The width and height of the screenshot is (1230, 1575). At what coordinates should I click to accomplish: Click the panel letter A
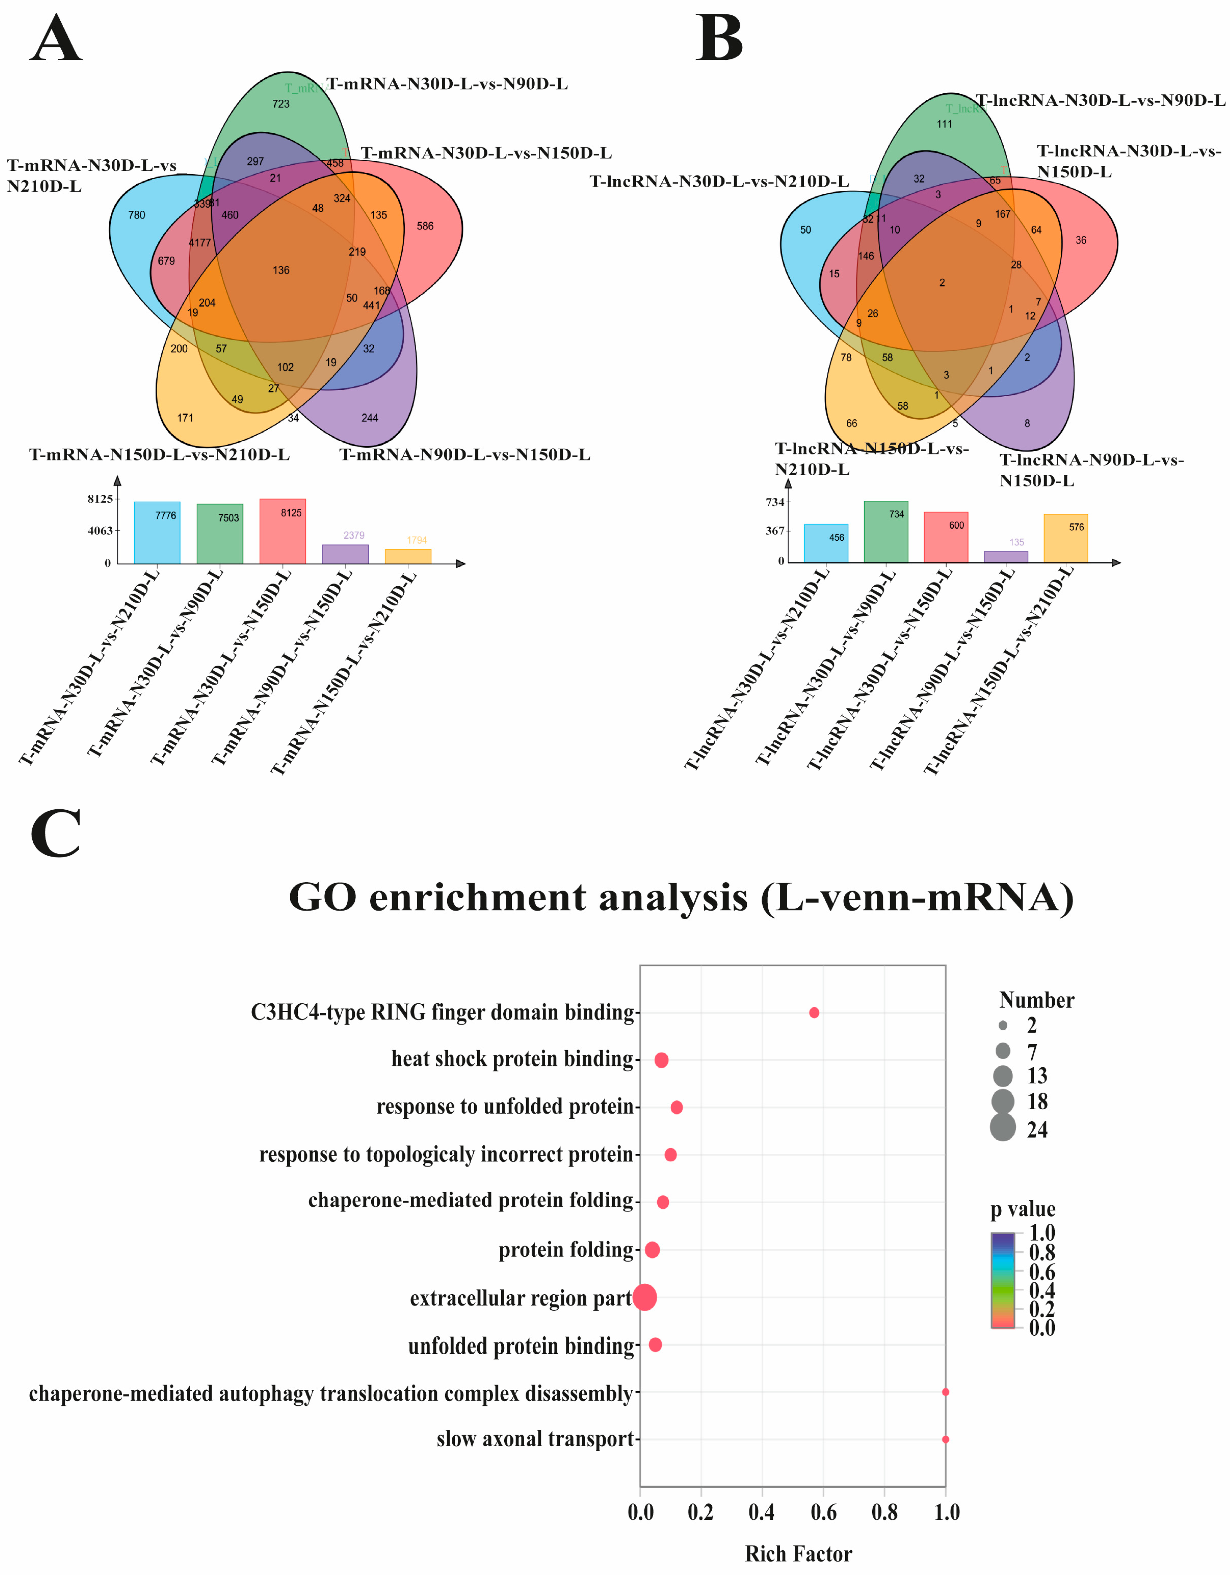point(56,40)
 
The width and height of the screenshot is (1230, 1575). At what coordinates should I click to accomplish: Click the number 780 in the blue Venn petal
point(136,215)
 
